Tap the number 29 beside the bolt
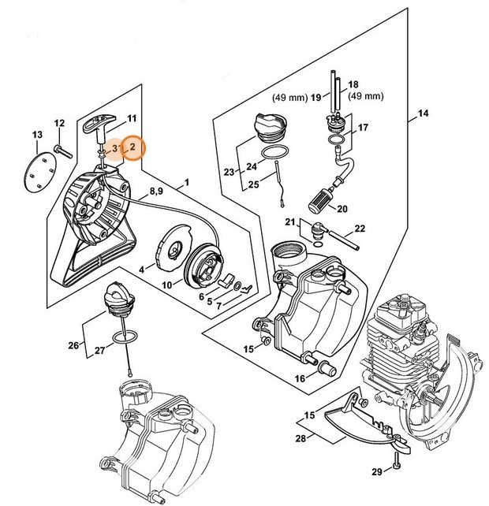(376, 471)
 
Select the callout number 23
(230, 172)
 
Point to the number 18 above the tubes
(353, 84)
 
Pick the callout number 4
(142, 269)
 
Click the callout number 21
(290, 221)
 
